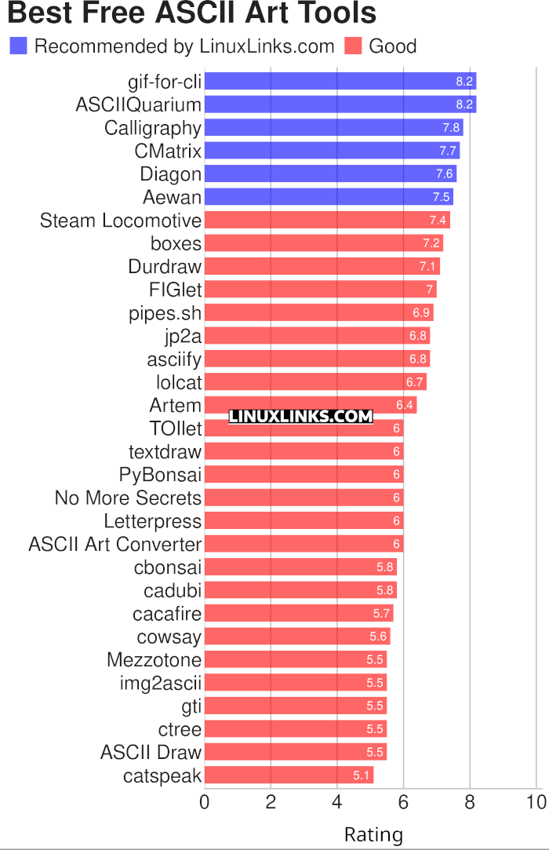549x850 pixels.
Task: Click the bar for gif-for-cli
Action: click(x=340, y=82)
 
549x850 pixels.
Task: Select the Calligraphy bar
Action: click(x=333, y=128)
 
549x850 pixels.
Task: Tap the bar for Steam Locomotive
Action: click(x=326, y=221)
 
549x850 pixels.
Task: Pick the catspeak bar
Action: click(x=289, y=776)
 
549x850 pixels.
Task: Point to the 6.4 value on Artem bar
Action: click(x=404, y=406)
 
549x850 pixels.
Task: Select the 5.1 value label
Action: click(x=361, y=776)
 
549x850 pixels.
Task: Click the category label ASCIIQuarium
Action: click(x=138, y=104)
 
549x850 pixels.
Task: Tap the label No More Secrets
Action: click(x=128, y=498)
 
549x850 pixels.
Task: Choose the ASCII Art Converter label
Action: click(x=115, y=545)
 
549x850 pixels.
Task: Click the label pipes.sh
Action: click(x=165, y=313)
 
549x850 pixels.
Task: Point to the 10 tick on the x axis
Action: click(x=536, y=803)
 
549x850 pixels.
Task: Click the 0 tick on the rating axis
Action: click(x=205, y=803)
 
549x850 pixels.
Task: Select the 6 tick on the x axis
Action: click(x=403, y=803)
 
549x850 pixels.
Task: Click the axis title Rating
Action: click(x=373, y=834)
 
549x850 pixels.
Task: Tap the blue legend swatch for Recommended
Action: click(x=18, y=46)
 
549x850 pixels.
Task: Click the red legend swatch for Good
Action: click(x=353, y=46)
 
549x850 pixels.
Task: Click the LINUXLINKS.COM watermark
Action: click(x=300, y=417)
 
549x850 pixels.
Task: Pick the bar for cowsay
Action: click(x=296, y=637)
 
